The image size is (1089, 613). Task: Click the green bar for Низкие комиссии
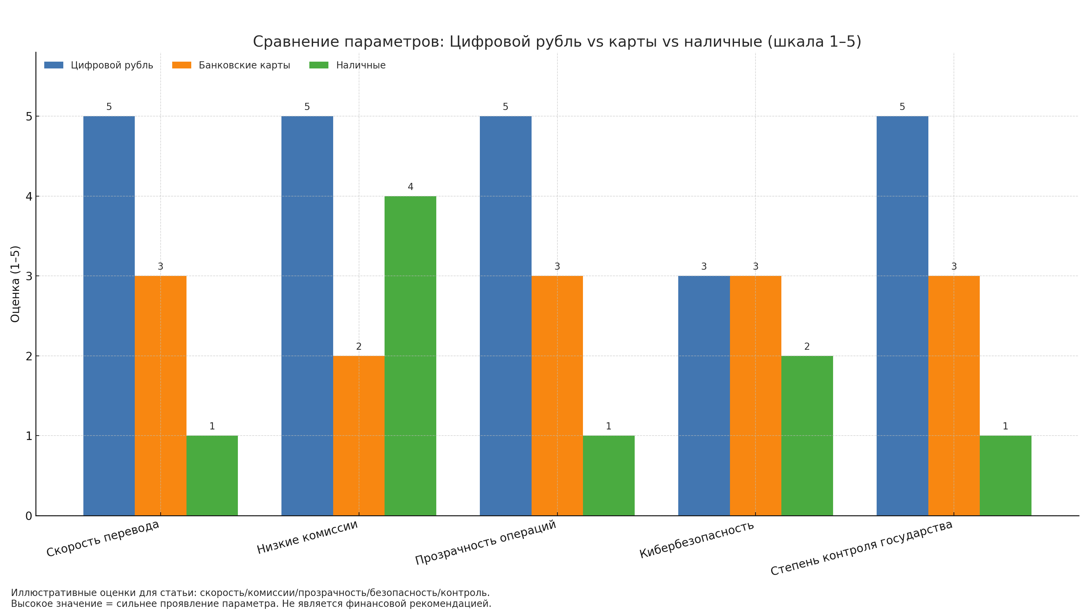(410, 355)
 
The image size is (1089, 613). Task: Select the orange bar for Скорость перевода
(160, 395)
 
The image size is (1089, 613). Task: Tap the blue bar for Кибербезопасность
(703, 395)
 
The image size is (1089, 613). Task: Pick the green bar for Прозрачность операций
(608, 475)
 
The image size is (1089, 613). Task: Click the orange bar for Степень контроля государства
(954, 395)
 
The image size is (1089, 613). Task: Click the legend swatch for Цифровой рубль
(54, 65)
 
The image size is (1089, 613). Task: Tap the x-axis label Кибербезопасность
(696, 539)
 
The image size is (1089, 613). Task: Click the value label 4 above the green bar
(410, 187)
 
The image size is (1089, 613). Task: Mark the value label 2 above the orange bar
(358, 346)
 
